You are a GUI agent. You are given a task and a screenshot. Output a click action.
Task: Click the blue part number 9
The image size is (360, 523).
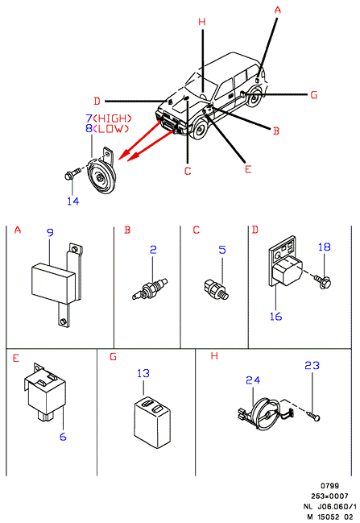coord(50,232)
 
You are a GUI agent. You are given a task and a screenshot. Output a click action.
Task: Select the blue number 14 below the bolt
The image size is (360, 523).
coord(73,201)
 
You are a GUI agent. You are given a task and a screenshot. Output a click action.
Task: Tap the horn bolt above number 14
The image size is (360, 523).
coord(72,174)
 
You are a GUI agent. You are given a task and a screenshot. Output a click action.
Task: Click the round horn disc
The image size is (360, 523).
coord(101,176)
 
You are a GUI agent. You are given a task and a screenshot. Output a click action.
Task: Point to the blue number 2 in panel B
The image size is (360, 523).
coord(153,250)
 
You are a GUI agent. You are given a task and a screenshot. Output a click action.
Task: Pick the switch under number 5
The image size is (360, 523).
coord(216,288)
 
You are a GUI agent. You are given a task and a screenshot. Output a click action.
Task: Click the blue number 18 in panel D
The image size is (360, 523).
coord(325,247)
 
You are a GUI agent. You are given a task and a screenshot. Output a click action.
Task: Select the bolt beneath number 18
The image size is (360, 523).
coord(322,281)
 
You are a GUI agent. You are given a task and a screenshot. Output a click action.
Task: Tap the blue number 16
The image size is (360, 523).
coord(275,316)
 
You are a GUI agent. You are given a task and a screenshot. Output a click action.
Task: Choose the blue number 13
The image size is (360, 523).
coord(143,373)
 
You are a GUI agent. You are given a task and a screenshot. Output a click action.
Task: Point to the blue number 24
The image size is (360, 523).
coord(253,380)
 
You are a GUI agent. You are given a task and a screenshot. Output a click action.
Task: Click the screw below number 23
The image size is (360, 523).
coord(312,416)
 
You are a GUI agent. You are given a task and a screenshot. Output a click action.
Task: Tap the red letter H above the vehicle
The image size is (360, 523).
coord(202,22)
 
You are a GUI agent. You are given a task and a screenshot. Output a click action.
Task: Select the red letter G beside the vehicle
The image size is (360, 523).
coord(314,95)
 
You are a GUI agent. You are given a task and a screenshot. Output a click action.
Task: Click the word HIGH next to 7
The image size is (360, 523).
coord(113,118)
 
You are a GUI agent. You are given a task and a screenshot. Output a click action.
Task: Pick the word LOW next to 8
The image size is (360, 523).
coord(110,128)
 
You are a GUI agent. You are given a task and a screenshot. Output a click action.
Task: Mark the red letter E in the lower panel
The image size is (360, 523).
coord(16,359)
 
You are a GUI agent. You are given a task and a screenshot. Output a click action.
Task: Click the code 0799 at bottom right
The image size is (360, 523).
coord(329,486)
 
